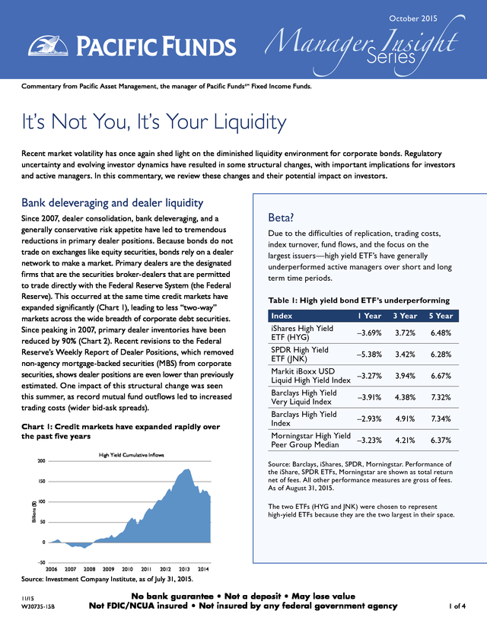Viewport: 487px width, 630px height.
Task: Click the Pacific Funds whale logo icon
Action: [x=48, y=46]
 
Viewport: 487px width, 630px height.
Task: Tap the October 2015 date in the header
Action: [x=412, y=18]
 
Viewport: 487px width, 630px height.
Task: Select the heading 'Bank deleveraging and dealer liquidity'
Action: [x=112, y=203]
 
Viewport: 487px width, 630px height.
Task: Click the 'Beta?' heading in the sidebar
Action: [x=281, y=218]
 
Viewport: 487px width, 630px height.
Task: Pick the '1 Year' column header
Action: [x=369, y=316]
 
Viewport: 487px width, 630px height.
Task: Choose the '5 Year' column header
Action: [x=441, y=316]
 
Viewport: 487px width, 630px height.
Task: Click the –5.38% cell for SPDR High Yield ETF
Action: [x=369, y=355]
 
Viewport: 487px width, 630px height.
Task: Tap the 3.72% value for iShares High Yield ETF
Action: [x=405, y=332]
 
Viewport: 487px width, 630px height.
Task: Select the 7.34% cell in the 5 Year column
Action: [x=441, y=418]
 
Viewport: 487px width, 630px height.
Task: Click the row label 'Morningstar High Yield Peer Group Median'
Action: [x=310, y=440]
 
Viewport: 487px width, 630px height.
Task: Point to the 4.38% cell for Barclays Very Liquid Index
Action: [x=405, y=397]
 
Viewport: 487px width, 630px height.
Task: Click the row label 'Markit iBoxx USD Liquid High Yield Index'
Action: [x=310, y=376]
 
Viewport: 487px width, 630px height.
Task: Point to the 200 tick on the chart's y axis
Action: [x=42, y=461]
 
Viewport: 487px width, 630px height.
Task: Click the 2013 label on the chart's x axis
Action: [x=184, y=569]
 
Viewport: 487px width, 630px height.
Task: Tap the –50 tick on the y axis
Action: [x=41, y=562]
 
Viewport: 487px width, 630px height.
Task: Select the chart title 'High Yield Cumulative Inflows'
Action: [x=132, y=455]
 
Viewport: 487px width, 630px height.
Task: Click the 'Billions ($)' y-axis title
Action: [x=34, y=511]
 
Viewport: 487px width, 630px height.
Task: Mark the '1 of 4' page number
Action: [x=457, y=606]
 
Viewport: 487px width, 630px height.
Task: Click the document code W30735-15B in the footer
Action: [x=38, y=606]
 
